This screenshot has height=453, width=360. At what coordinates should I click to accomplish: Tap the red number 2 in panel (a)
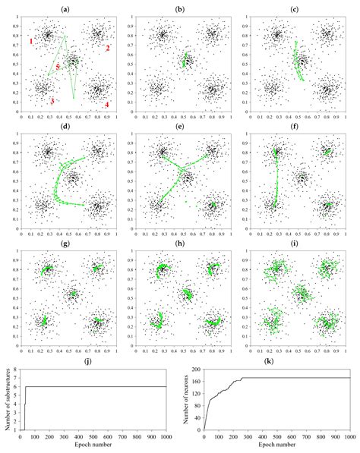pyautogui.click(x=108, y=49)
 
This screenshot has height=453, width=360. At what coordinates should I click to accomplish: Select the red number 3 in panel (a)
pyautogui.click(x=52, y=101)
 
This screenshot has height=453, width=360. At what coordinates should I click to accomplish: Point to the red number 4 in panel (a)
pyautogui.click(x=107, y=105)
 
